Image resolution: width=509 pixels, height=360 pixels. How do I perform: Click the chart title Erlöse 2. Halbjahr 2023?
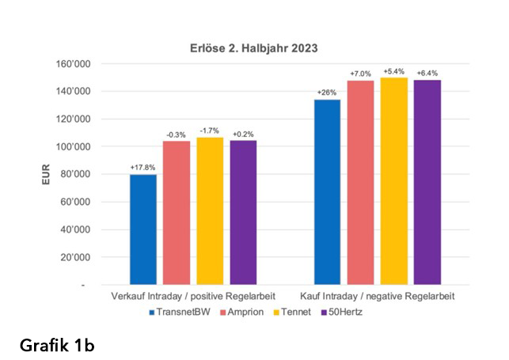[253, 48]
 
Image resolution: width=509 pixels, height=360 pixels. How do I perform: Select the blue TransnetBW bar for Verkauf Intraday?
[143, 229]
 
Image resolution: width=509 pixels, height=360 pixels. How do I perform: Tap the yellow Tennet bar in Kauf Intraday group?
[394, 181]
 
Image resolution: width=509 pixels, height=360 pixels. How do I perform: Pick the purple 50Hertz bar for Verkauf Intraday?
[243, 212]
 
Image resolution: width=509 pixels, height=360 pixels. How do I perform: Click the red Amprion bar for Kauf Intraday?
[360, 183]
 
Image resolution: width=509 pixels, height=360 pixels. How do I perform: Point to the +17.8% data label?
[142, 168]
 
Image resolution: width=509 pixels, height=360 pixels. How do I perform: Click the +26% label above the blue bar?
[327, 93]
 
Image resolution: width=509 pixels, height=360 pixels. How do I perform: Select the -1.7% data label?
[209, 131]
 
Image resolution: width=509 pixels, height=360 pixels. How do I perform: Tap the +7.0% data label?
[360, 74]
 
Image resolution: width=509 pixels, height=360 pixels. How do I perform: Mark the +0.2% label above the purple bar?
[243, 134]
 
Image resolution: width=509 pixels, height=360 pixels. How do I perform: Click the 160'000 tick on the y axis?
[74, 64]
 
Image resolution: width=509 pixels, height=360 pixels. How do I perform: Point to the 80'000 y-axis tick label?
[76, 174]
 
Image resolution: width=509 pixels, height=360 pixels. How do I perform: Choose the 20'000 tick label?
[76, 257]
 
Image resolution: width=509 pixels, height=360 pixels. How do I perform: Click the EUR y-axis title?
[46, 174]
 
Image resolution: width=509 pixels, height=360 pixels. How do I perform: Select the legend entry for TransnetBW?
[180, 312]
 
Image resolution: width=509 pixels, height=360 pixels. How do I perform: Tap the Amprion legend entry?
[242, 312]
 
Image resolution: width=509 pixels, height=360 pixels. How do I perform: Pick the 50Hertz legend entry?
[341, 312]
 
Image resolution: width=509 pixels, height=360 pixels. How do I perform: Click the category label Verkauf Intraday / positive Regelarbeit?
[193, 296]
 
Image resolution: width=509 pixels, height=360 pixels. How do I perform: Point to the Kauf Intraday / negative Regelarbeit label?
[378, 296]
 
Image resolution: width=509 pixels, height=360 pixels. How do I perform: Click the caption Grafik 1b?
[57, 345]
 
